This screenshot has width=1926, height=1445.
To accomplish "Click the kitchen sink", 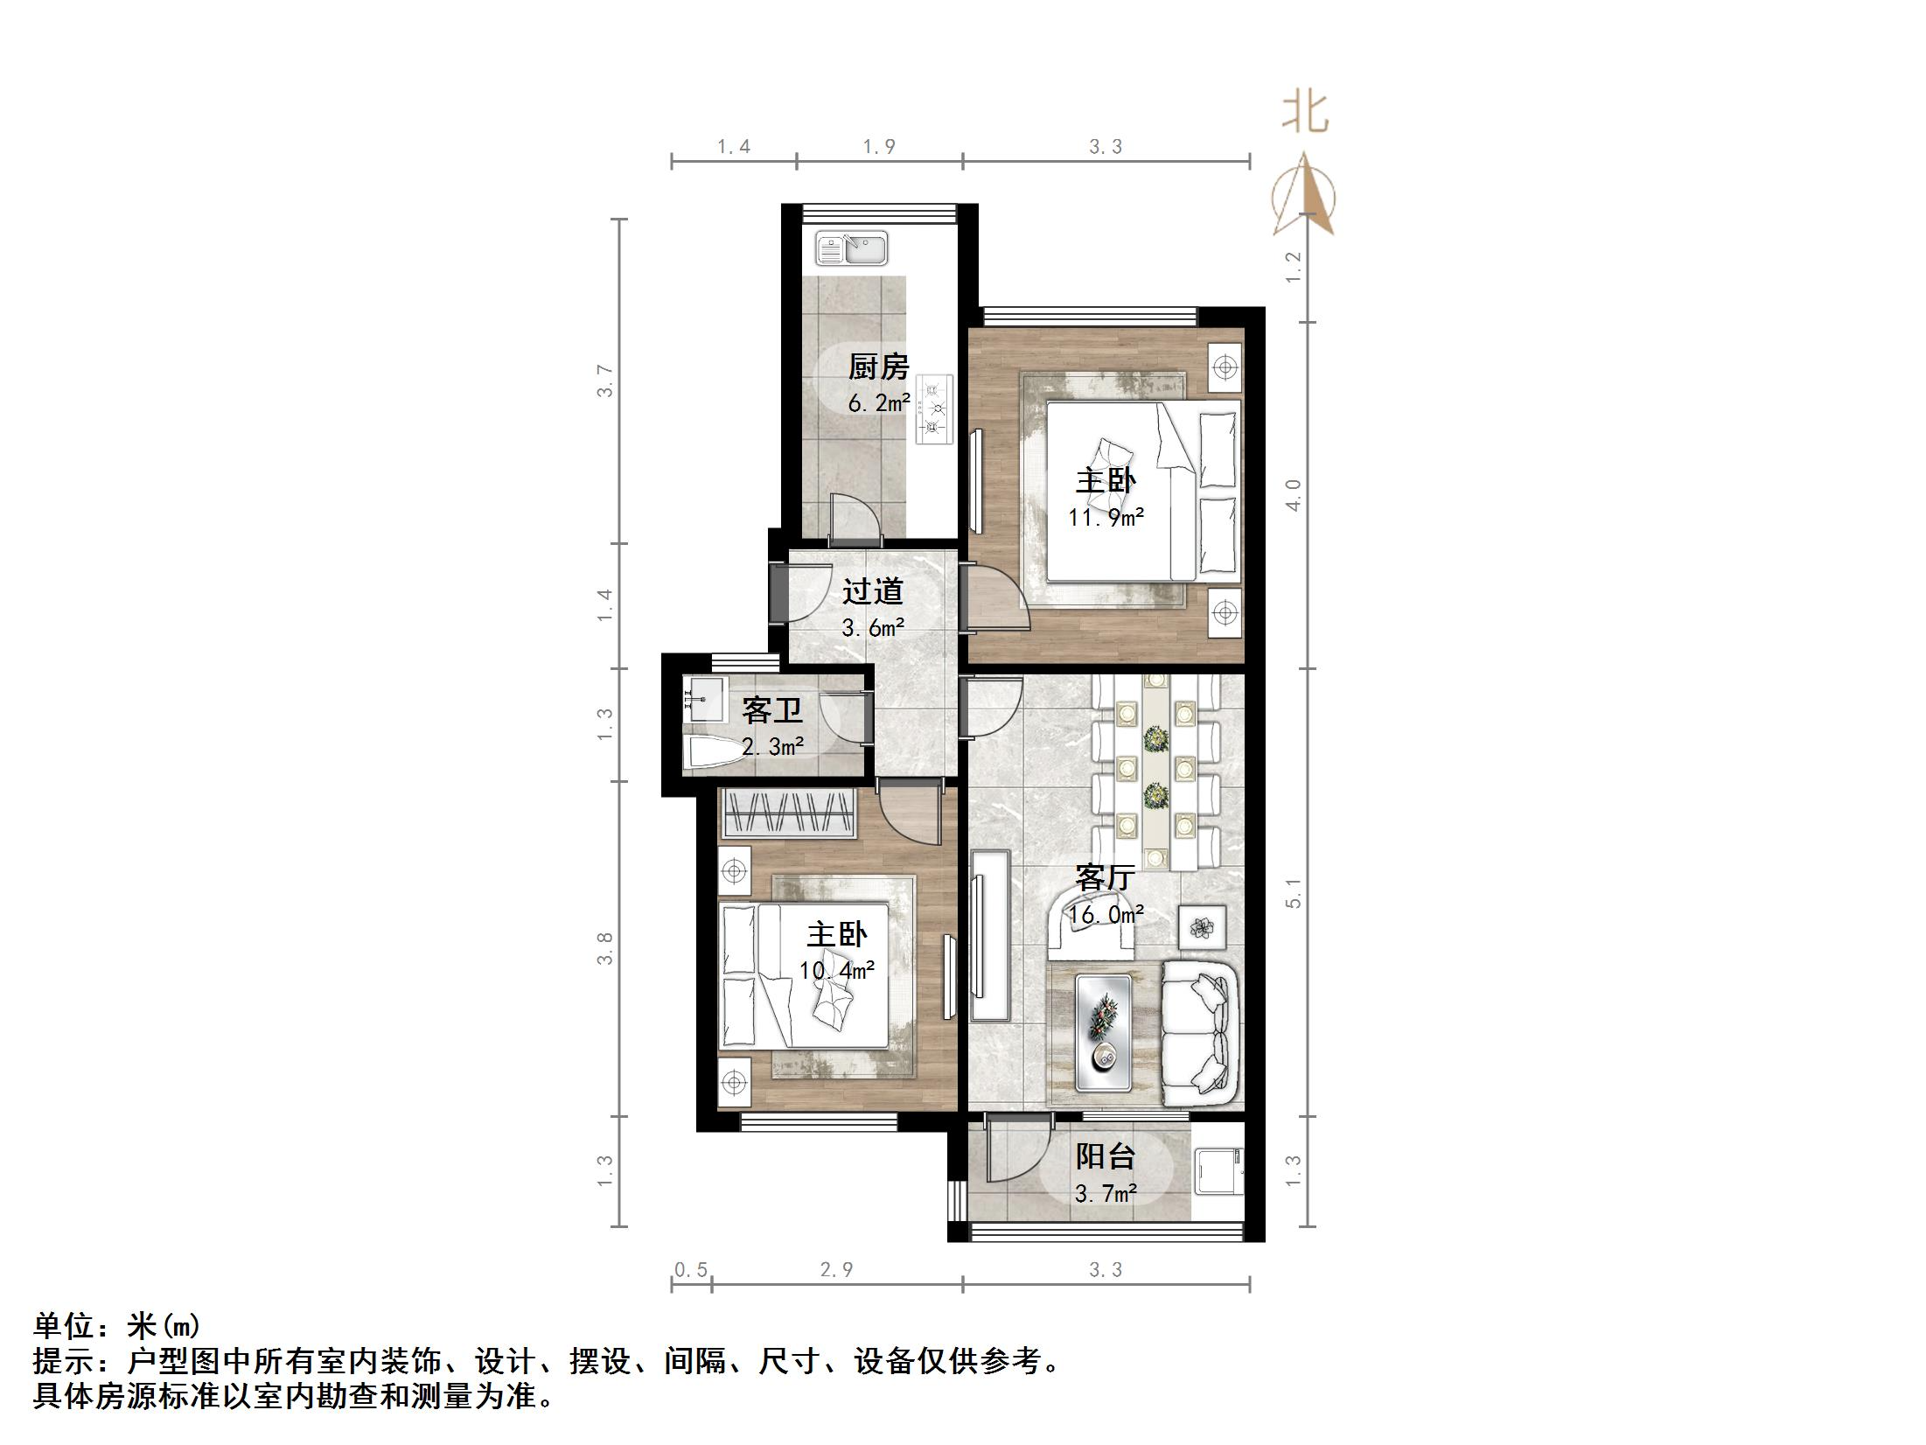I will pyautogui.click(x=851, y=248).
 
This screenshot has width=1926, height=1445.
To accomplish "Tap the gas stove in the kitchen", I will pyautogui.click(x=936, y=408).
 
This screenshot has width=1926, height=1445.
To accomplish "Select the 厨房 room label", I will pyautogui.click(x=878, y=366).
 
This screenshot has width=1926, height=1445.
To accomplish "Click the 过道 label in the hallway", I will pyautogui.click(x=872, y=592).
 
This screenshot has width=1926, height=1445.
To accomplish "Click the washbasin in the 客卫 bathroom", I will pyautogui.click(x=703, y=700).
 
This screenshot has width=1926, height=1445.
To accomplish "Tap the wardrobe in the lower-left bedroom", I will pyautogui.click(x=786, y=813).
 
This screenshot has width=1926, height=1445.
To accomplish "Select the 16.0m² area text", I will pyautogui.click(x=1106, y=915).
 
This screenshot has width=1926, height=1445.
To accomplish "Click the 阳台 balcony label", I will pyautogui.click(x=1105, y=1156).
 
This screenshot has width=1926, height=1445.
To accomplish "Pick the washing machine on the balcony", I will pyautogui.click(x=1218, y=1170).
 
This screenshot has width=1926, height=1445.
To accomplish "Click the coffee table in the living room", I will pyautogui.click(x=1103, y=1032).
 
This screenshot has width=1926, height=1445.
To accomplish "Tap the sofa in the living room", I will pyautogui.click(x=1200, y=1034).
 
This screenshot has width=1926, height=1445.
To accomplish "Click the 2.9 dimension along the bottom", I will pyautogui.click(x=836, y=1269).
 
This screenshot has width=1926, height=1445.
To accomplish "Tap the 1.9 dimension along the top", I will pyautogui.click(x=879, y=147).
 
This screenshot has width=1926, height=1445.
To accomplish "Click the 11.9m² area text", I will pyautogui.click(x=1106, y=518).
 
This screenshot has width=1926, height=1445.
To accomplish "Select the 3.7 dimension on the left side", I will pyautogui.click(x=605, y=380).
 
